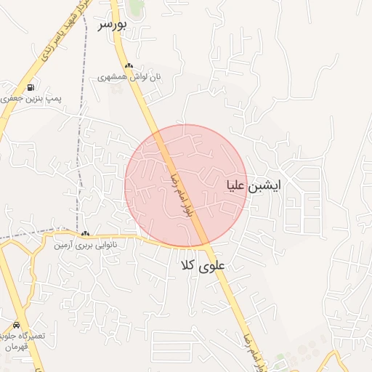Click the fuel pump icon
tap(31, 87)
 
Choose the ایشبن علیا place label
tap(254, 185)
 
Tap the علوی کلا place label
tap(203, 266)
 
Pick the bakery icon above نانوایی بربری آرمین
tap(86, 234)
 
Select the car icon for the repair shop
tap(17, 325)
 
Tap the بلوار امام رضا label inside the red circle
tap(185, 195)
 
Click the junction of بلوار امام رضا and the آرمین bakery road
tap(206, 245)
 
